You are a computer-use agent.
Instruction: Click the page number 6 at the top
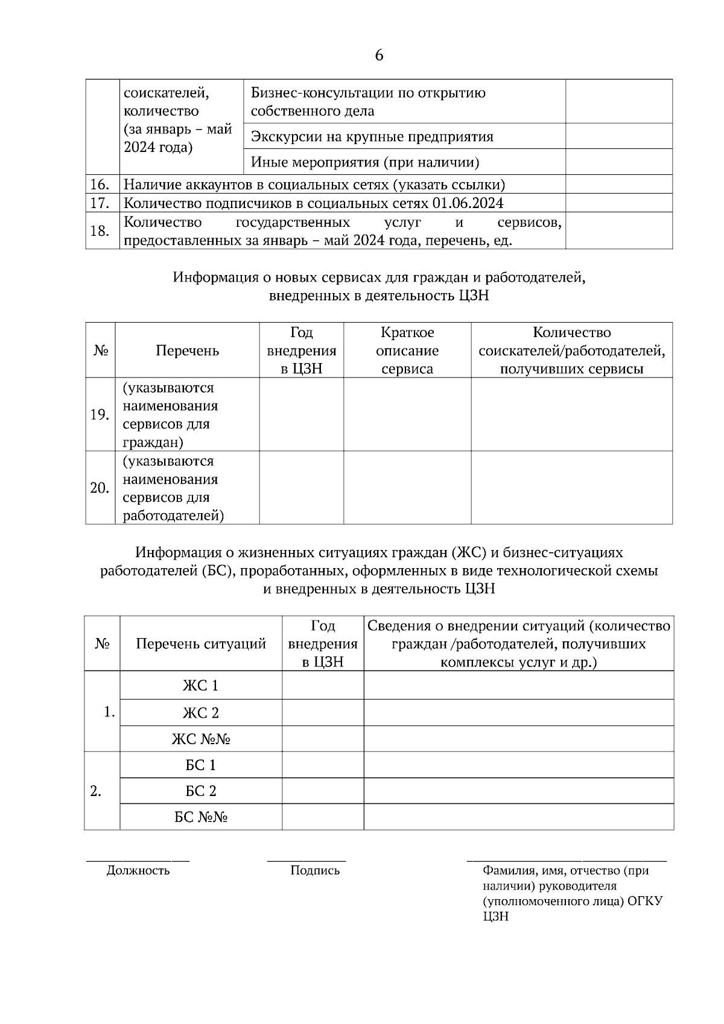tap(379, 55)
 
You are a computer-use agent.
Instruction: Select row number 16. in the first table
tap(100, 185)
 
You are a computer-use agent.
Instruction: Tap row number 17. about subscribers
tap(100, 203)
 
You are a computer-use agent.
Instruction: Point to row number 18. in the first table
tap(100, 231)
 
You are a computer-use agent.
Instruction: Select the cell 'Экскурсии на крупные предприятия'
tap(372, 137)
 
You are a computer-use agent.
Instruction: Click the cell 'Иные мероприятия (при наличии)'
tap(365, 162)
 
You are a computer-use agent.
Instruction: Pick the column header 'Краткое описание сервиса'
tap(407, 350)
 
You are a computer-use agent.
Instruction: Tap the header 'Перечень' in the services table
tap(187, 350)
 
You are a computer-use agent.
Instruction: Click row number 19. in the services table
tap(100, 415)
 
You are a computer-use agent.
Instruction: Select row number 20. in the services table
tap(100, 488)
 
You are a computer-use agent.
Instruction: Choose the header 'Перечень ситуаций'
tap(201, 643)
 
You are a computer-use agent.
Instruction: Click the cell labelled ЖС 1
tap(201, 686)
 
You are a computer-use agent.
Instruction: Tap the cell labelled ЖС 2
tap(201, 713)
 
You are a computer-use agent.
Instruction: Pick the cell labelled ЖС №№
tap(201, 739)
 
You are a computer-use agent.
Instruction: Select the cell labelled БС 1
tap(201, 765)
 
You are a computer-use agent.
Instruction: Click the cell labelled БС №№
tap(201, 817)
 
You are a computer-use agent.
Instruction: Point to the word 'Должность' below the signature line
tap(138, 870)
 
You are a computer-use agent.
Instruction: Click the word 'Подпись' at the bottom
tap(315, 870)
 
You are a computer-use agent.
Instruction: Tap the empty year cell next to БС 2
tap(323, 791)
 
